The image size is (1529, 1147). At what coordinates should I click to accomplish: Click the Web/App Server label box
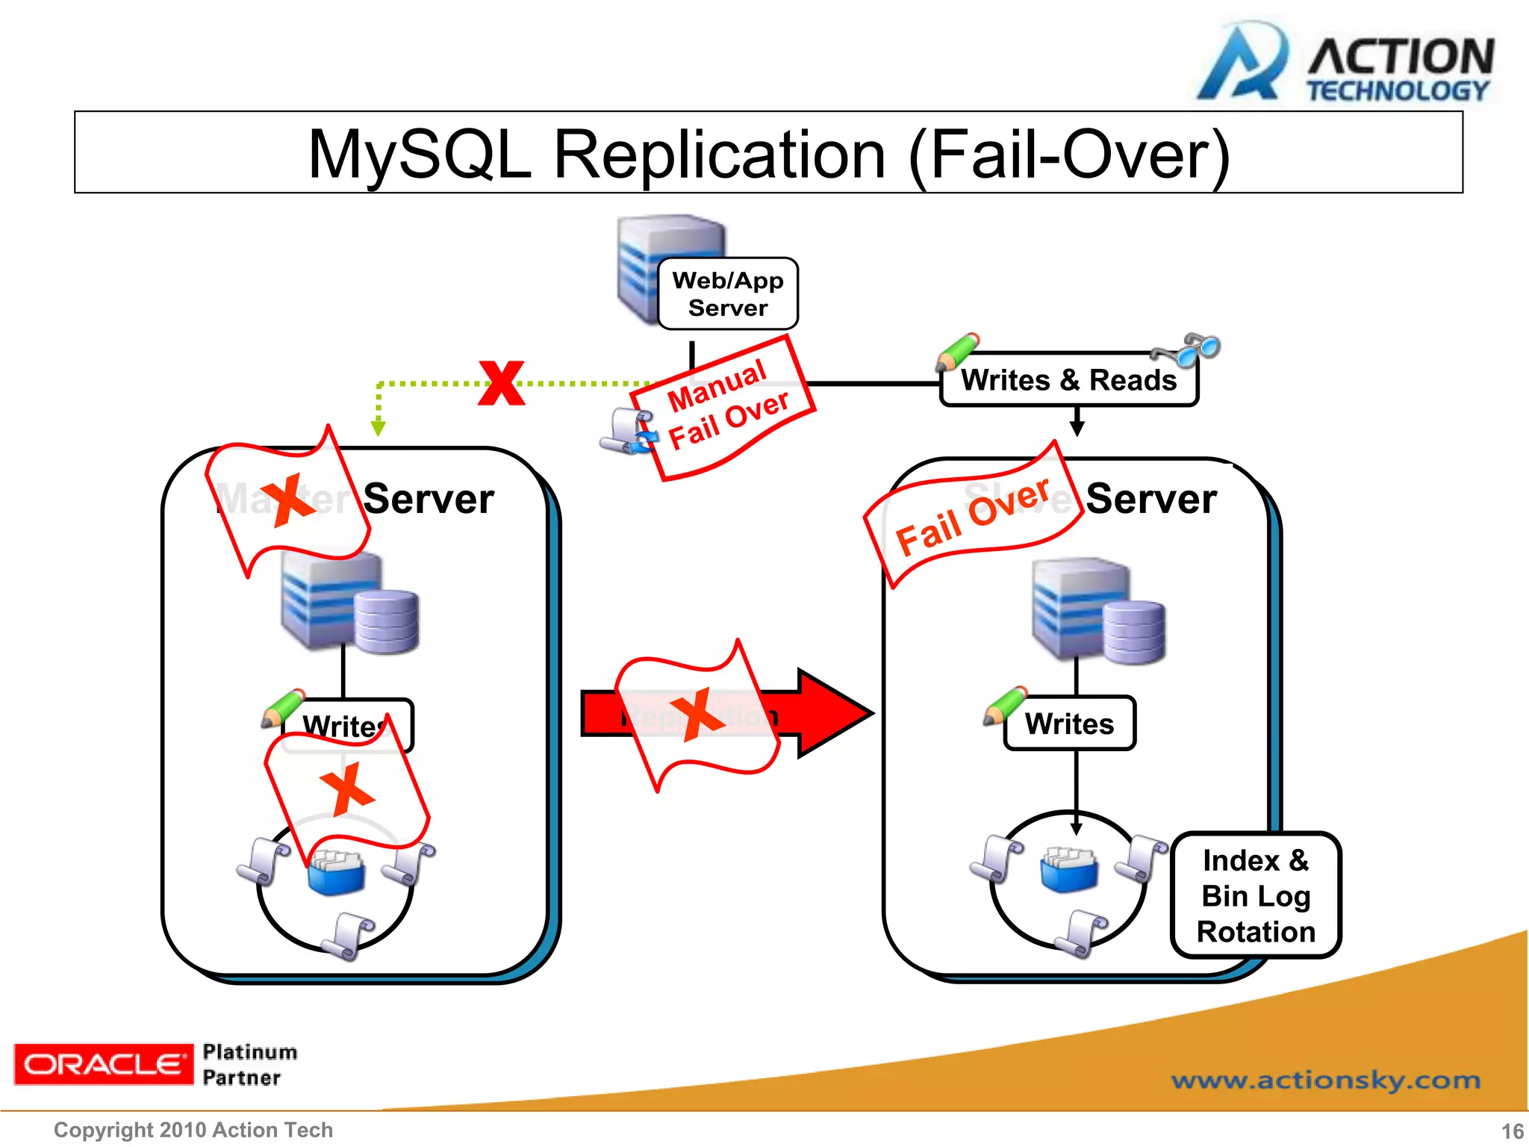click(x=728, y=293)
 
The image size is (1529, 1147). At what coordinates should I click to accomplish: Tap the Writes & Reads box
click(x=1068, y=380)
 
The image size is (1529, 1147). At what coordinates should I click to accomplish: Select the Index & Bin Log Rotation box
click(x=1256, y=895)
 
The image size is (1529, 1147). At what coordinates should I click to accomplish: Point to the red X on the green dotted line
click(x=502, y=383)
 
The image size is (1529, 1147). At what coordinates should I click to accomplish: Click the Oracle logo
click(x=103, y=1064)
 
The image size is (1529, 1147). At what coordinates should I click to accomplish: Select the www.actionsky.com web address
click(x=1325, y=1081)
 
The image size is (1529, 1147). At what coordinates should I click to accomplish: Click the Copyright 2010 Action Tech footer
click(x=193, y=1130)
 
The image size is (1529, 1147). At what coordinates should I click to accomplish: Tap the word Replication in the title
click(x=720, y=155)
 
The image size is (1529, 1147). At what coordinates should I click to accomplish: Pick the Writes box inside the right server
click(x=1069, y=724)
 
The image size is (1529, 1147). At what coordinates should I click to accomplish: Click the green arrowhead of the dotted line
click(x=379, y=428)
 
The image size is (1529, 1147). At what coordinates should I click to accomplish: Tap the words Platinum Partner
click(x=249, y=1064)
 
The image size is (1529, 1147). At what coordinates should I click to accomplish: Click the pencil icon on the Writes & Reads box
click(x=957, y=352)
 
